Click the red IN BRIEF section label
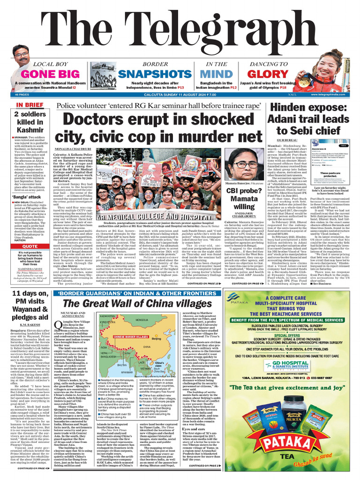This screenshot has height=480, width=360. pos(30,105)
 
